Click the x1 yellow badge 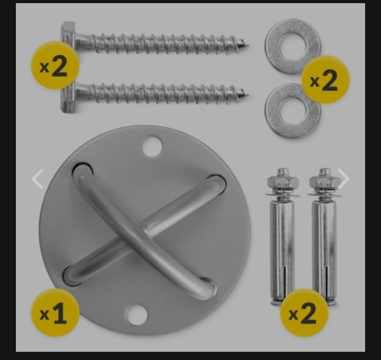[x=56, y=313]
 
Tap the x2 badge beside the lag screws [x=56, y=65]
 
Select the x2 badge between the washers [x=325, y=80]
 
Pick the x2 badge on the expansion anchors [x=304, y=312]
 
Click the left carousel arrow [x=38, y=179]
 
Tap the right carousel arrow [x=343, y=179]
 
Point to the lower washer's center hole [x=292, y=111]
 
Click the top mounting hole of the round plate [x=152, y=146]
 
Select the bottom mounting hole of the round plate [x=137, y=314]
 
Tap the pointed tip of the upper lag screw [x=248, y=45]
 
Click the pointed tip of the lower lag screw [x=248, y=95]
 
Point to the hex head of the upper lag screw [x=68, y=33]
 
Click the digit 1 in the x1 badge [x=60, y=313]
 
